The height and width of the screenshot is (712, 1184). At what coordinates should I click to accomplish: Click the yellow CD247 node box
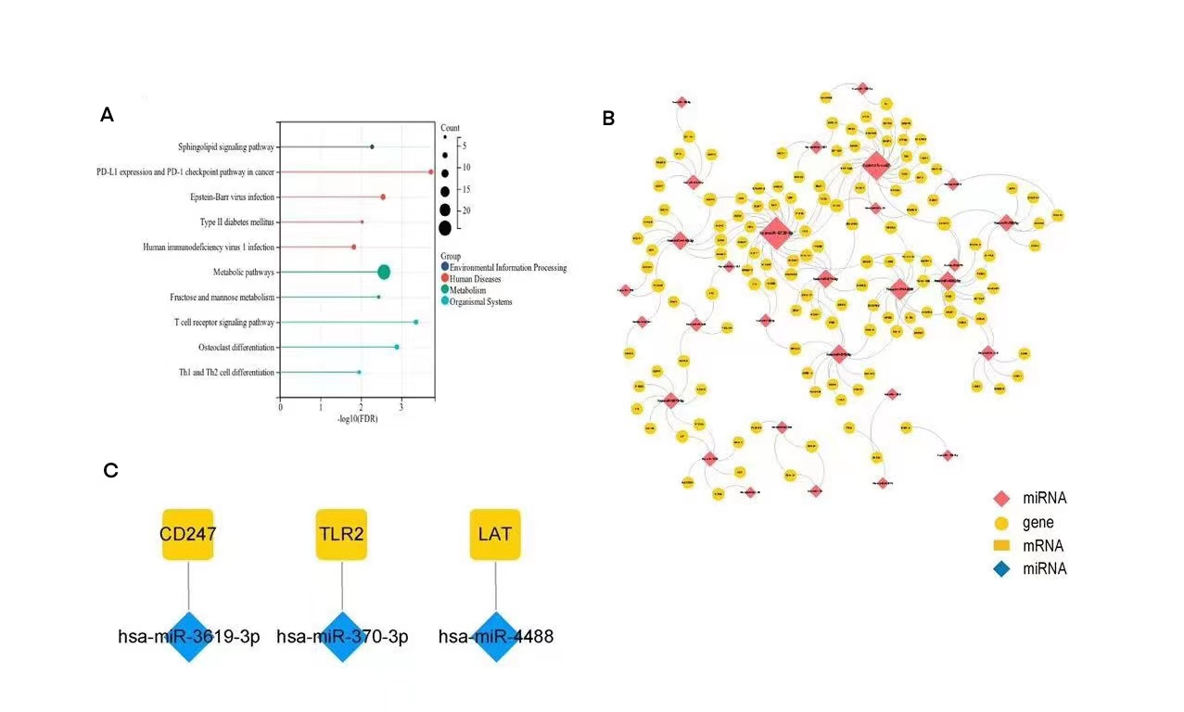point(188,534)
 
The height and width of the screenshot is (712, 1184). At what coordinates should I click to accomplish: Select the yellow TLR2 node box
point(341,534)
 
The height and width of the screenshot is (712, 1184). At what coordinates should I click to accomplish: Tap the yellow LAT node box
point(495,534)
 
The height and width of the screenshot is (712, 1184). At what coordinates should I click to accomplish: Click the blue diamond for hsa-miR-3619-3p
point(188,636)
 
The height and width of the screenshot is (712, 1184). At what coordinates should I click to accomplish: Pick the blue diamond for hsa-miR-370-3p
point(341,636)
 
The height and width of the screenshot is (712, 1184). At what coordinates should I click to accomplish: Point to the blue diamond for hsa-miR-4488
point(495,636)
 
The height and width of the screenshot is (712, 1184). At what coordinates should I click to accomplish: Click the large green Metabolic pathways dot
point(384,272)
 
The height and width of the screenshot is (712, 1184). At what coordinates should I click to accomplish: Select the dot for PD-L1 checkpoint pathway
point(430,172)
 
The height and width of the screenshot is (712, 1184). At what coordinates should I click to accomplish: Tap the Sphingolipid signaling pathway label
point(226,146)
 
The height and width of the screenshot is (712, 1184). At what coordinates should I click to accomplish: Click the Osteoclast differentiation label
point(236,347)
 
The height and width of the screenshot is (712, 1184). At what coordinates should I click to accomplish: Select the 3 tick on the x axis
point(401,407)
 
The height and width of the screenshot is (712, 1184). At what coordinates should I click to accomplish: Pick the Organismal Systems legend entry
point(480,301)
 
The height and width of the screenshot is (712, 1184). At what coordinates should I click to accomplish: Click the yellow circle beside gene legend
point(1001,522)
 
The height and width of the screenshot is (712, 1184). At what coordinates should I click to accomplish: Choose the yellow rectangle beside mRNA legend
point(1001,545)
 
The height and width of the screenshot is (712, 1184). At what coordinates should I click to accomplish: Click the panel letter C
point(110,470)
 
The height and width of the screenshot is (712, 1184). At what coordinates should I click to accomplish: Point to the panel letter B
point(608,118)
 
